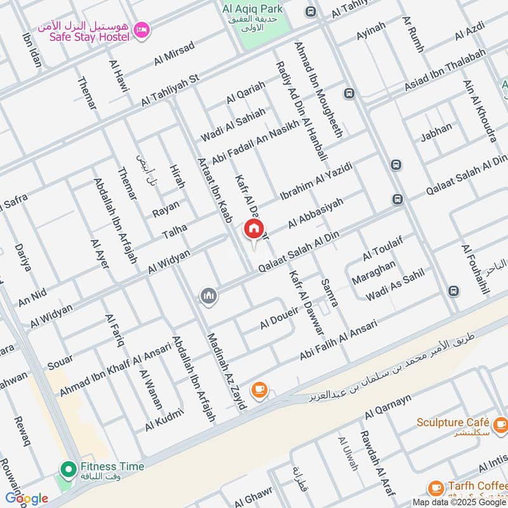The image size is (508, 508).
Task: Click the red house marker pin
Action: click(253, 229)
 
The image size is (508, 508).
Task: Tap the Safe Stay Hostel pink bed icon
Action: click(142, 29)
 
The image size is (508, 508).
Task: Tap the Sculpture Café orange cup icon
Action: click(500, 423)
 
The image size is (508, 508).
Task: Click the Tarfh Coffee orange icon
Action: click(436, 488)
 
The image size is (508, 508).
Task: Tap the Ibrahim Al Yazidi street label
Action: click(316, 180)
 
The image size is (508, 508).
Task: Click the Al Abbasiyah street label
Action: click(315, 213)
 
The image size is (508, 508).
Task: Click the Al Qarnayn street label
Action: click(388, 407)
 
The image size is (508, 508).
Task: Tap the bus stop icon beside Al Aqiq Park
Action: click(311, 11)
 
